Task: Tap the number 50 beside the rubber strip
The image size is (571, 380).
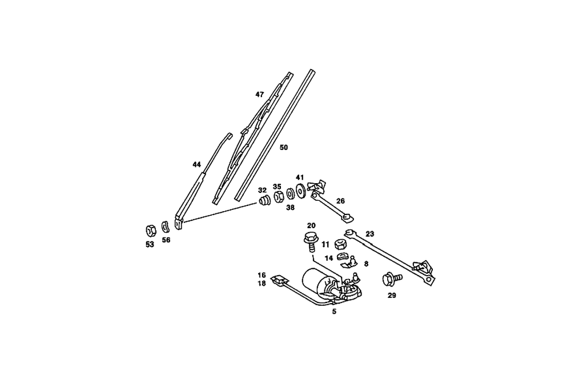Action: pyautogui.click(x=284, y=147)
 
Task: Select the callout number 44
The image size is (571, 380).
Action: pyautogui.click(x=196, y=164)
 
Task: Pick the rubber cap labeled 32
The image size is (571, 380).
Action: pyautogui.click(x=264, y=202)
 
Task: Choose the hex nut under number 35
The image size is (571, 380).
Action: pyautogui.click(x=279, y=197)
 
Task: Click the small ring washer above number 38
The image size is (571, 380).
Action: pyautogui.click(x=290, y=194)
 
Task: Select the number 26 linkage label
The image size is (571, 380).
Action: pyautogui.click(x=340, y=201)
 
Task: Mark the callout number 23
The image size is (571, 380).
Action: pyautogui.click(x=369, y=233)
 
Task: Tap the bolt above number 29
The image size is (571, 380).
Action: pyautogui.click(x=392, y=280)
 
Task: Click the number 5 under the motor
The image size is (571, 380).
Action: pyautogui.click(x=335, y=312)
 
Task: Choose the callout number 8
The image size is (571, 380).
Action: pyautogui.click(x=366, y=264)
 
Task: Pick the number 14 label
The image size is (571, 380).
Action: pyautogui.click(x=329, y=258)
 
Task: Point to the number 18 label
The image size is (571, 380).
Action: pyautogui.click(x=262, y=283)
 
